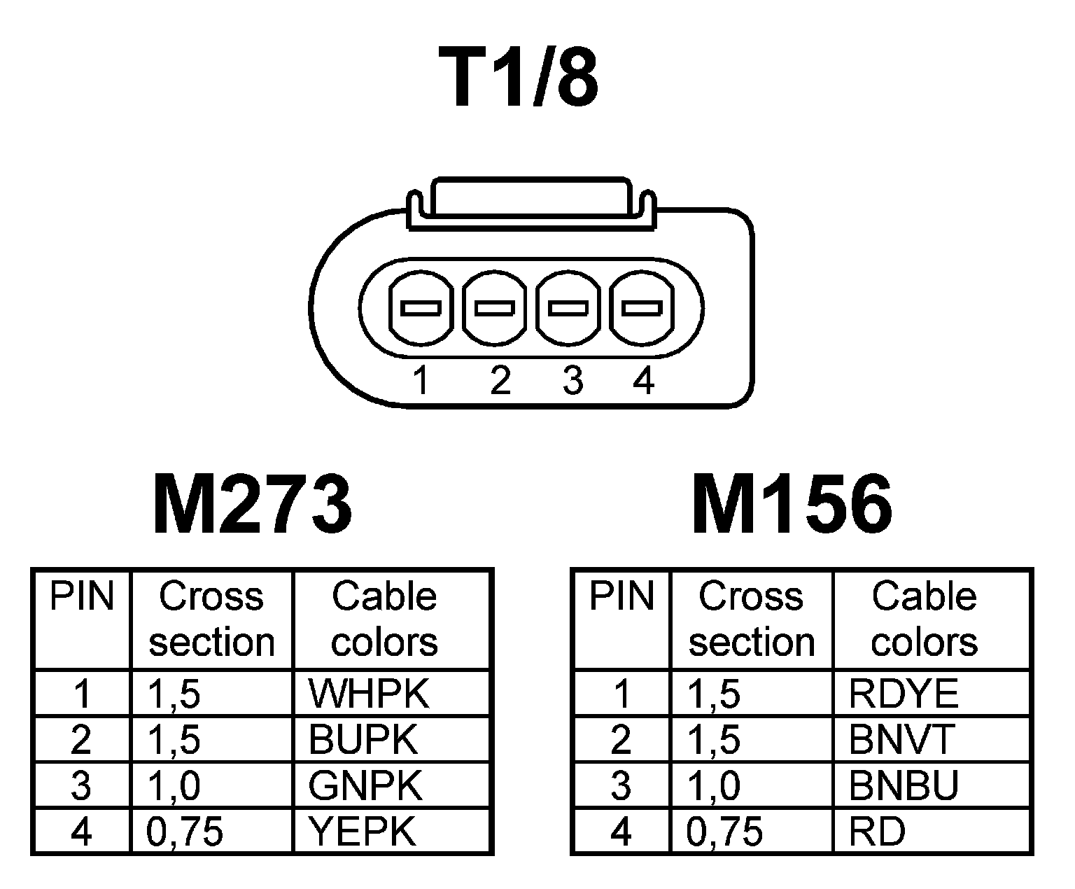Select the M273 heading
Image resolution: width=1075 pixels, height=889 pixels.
[x=252, y=504]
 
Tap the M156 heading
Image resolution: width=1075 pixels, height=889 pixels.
[x=792, y=504]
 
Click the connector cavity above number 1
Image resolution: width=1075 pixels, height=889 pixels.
[x=419, y=308]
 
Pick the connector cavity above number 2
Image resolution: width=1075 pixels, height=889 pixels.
[x=495, y=308]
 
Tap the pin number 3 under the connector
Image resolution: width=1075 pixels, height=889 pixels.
[x=572, y=381]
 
